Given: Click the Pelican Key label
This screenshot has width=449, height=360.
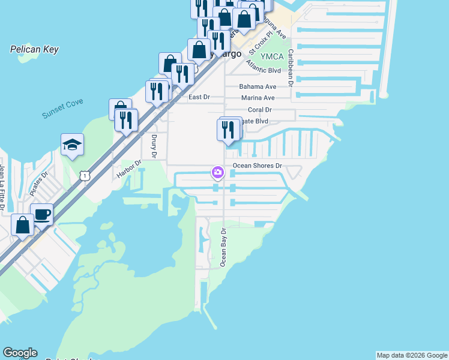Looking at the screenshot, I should point(34,49).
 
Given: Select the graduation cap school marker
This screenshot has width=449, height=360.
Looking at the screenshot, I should point(72,145).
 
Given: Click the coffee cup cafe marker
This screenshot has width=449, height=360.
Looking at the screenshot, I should point(41,214).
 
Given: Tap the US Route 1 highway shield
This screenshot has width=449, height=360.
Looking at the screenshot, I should point(85,175).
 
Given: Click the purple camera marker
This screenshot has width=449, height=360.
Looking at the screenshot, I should point(217,173).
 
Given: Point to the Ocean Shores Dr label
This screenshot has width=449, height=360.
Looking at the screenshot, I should point(257,166).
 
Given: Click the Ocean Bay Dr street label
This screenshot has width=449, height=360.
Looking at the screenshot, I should point(223,247).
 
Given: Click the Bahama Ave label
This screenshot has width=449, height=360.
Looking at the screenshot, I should point(258,86).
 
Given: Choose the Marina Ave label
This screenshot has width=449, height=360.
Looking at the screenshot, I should point(258,98).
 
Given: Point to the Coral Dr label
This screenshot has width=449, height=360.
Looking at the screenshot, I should point(260,110).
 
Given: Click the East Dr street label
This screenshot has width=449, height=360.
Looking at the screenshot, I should point(199,97).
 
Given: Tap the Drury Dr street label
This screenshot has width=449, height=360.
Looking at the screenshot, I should point(154,146).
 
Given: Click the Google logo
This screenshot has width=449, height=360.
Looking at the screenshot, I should point(20,353).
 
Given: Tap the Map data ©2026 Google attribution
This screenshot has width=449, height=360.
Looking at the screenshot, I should point(411,355).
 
